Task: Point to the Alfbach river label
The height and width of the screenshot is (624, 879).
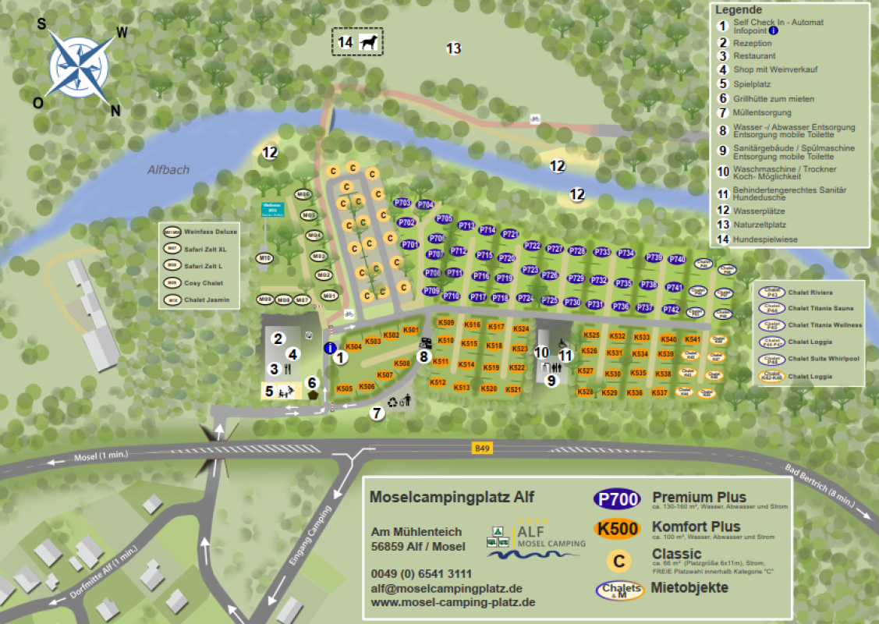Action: (168, 169)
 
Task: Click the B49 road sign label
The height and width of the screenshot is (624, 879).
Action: (483, 448)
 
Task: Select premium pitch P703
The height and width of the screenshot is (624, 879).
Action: (402, 203)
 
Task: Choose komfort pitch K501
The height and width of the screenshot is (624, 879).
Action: (411, 331)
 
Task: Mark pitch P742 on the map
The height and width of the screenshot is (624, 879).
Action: (671, 310)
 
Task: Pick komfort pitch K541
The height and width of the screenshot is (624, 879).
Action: (693, 339)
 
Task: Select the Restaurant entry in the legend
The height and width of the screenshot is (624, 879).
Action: (754, 56)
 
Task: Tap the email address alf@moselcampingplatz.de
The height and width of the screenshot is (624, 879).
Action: (446, 589)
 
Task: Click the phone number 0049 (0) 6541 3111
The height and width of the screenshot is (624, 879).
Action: (421, 574)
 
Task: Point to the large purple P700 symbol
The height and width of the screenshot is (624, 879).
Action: (617, 499)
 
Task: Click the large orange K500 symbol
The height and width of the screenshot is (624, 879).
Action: (617, 529)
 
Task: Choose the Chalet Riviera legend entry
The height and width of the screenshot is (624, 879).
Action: (810, 293)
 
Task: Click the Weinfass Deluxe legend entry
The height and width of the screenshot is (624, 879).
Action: (211, 232)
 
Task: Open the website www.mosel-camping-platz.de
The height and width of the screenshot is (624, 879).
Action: (452, 603)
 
